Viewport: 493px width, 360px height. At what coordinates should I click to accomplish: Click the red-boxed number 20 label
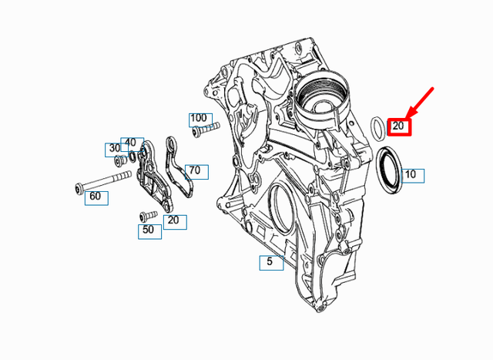tap(399, 126)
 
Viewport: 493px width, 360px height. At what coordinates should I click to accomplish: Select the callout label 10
tap(410, 175)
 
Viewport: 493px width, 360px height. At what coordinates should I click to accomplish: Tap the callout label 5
tap(270, 262)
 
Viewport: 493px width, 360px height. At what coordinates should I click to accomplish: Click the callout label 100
tap(199, 119)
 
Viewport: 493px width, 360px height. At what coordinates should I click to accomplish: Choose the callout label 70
tap(195, 170)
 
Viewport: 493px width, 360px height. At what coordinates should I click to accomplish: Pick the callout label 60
tap(96, 197)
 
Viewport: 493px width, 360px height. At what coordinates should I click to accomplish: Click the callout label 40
tap(131, 143)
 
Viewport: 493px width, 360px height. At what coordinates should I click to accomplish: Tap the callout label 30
tap(114, 148)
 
